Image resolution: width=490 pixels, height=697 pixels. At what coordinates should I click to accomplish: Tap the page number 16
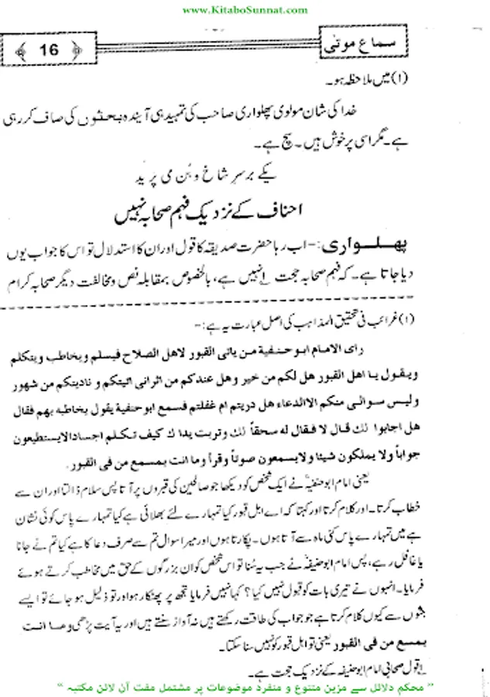[47, 51]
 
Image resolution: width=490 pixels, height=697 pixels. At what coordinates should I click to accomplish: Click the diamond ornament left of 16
[21, 52]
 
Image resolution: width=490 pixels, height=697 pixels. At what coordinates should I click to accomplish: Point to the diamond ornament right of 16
[75, 52]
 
